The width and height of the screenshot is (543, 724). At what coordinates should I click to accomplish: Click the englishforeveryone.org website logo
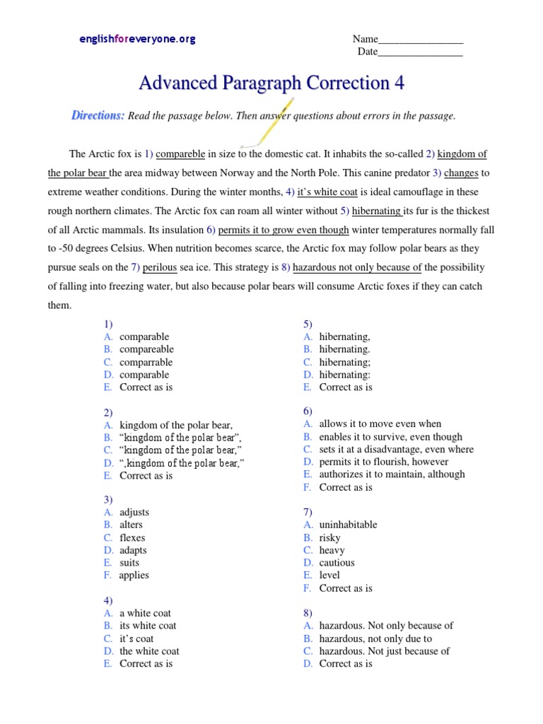[137, 40]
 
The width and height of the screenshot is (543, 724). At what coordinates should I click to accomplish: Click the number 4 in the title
[399, 83]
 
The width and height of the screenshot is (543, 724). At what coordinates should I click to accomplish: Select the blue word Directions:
[98, 115]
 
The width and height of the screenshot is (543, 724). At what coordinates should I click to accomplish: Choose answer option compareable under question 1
[146, 349]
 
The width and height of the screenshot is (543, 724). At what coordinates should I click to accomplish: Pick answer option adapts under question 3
[134, 550]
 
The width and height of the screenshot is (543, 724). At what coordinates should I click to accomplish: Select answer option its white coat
[148, 626]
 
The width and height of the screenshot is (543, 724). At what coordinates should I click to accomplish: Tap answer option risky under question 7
[329, 537]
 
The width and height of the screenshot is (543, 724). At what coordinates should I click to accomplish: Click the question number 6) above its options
[309, 411]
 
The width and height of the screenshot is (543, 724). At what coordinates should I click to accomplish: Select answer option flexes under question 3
[132, 537]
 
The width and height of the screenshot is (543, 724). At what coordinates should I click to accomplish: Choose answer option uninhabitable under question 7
[348, 525]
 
